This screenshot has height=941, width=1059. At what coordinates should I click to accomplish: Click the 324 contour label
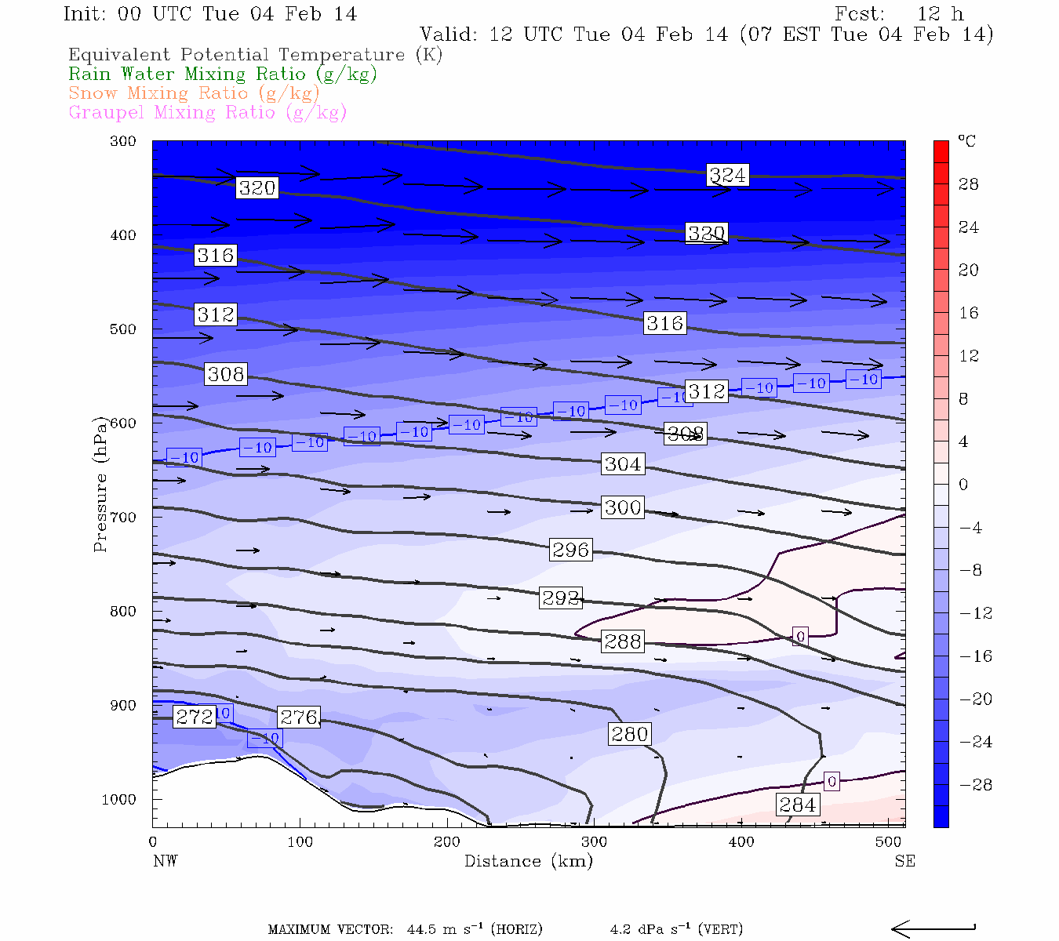[727, 175]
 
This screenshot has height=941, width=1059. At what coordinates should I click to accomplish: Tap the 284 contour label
[798, 805]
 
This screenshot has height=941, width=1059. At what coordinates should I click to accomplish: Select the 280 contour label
[629, 734]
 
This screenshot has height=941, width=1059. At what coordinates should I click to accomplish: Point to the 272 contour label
[194, 717]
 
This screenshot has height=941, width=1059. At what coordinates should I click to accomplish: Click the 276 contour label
[299, 717]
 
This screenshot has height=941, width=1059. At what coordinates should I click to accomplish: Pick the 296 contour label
[570, 550]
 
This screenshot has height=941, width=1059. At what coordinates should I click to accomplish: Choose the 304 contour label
[623, 464]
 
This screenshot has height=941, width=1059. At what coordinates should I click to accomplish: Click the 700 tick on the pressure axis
[122, 518]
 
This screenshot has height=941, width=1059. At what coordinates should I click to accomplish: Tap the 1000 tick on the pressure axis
[118, 800]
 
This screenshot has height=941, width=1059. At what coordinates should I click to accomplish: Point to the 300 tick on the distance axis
[594, 842]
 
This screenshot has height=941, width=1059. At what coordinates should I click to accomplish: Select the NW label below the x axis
[165, 861]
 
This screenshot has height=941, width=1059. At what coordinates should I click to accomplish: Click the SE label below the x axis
[904, 861]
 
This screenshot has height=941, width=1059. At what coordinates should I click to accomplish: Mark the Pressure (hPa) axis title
[100, 483]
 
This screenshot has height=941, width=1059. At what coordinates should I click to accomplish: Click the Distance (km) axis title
[528, 861]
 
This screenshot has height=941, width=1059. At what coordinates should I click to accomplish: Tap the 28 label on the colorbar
[969, 184]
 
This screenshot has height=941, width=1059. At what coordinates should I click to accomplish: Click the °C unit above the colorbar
[966, 141]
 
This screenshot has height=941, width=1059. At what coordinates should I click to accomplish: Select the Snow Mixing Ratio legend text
[194, 93]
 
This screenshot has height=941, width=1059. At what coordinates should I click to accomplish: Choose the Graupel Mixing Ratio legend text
[207, 112]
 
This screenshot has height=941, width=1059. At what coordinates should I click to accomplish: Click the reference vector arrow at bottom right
[933, 928]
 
